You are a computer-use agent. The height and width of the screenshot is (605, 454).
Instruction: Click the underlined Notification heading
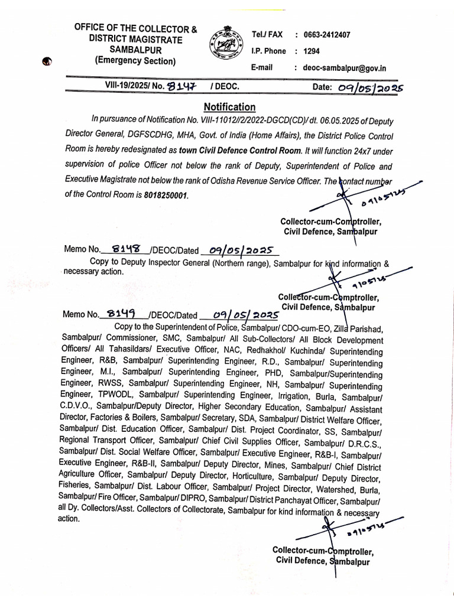(x=229, y=107)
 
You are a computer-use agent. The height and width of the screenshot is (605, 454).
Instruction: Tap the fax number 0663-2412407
(x=327, y=35)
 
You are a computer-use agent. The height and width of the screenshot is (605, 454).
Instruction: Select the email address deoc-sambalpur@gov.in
(x=345, y=68)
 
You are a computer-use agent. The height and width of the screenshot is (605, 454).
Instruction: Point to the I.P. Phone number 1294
(x=312, y=51)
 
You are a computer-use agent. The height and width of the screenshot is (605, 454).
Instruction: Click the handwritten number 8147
(x=181, y=87)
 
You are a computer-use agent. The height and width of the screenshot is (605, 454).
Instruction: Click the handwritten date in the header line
(x=371, y=87)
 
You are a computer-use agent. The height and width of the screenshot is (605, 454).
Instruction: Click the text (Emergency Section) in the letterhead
(x=135, y=61)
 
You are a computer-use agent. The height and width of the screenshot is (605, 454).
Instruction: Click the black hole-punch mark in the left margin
(x=47, y=61)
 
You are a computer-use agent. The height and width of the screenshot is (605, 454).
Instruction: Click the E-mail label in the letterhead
(x=262, y=68)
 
